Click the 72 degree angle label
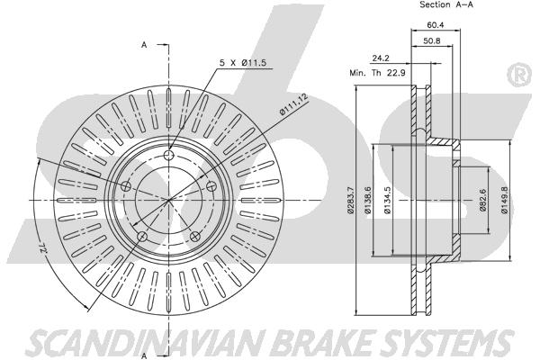[x=42, y=246]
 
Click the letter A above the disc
[x=143, y=43]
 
